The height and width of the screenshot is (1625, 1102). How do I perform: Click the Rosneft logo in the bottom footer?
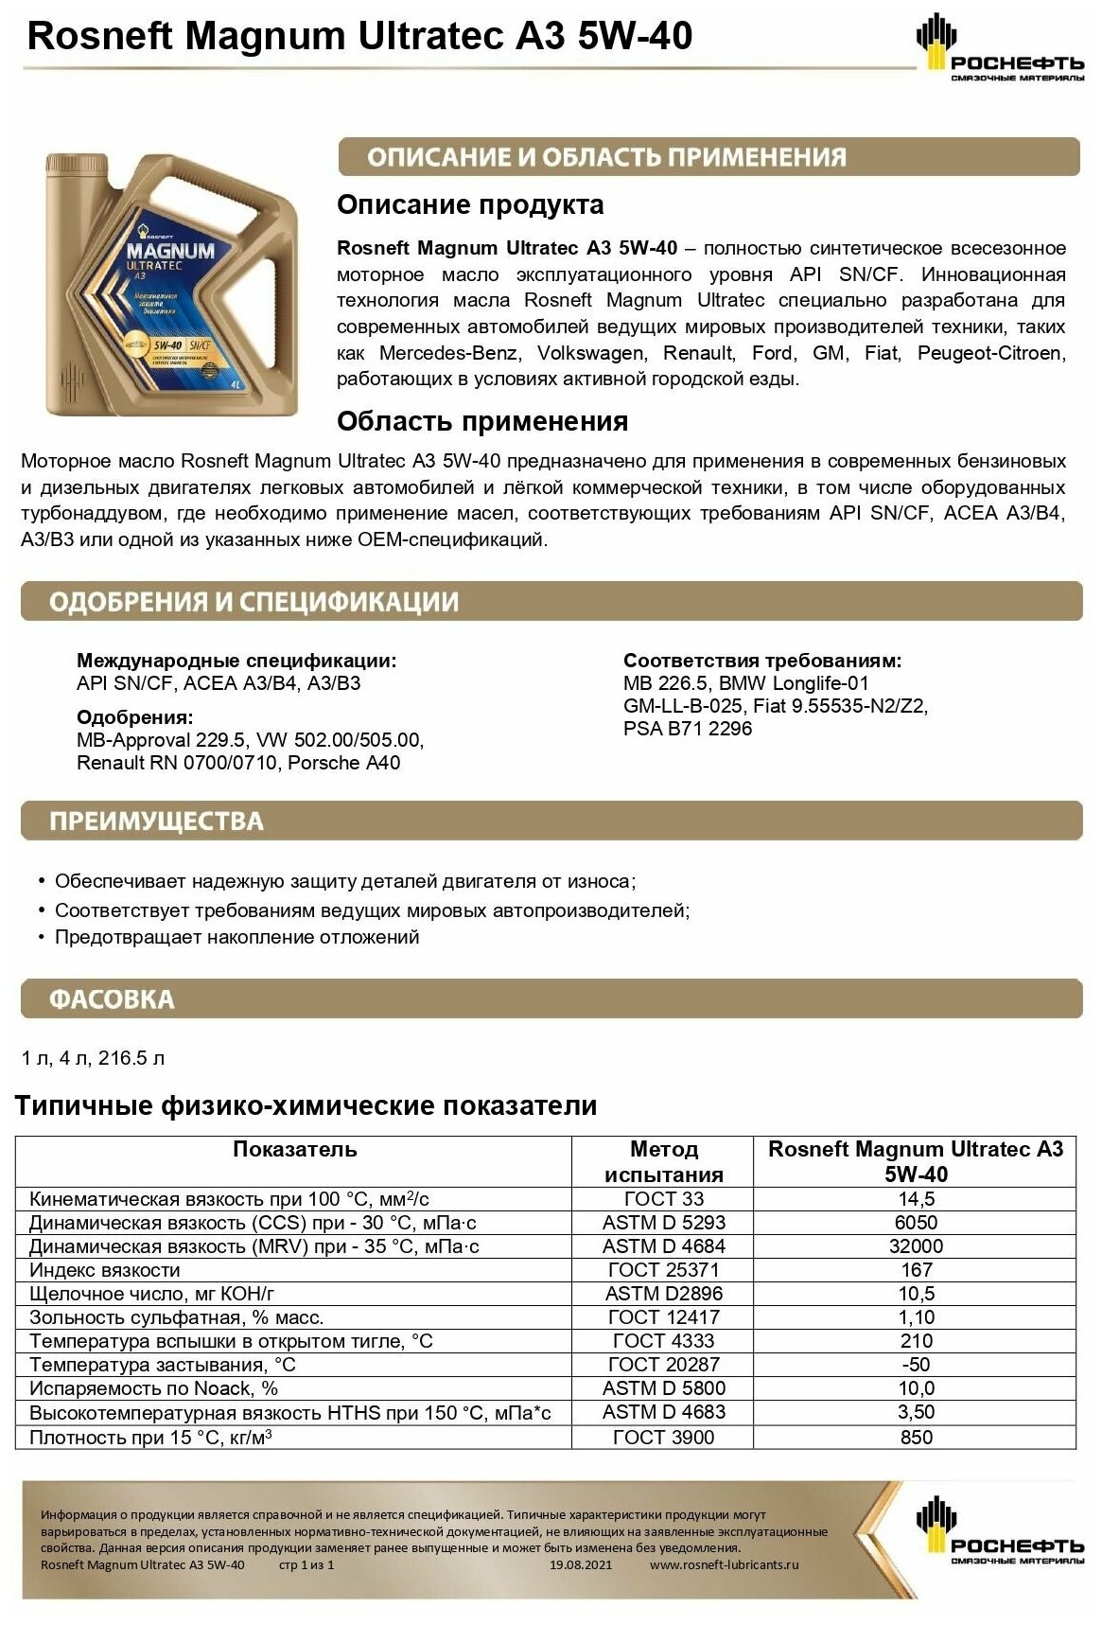[1000, 1531]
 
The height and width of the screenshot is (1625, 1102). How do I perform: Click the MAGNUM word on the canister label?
[171, 252]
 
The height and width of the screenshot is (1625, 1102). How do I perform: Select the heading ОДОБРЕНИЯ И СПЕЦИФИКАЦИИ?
[254, 602]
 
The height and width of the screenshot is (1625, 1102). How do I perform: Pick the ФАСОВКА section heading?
[112, 999]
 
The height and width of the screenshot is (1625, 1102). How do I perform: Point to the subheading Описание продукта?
[470, 204]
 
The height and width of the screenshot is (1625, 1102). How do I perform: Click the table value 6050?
[915, 1222]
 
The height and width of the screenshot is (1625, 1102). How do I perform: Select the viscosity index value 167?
[916, 1269]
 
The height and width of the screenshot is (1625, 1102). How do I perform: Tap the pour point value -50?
[916, 1364]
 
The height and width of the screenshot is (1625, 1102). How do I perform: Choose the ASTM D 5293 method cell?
[663, 1222]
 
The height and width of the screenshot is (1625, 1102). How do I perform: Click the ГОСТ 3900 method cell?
[663, 1437]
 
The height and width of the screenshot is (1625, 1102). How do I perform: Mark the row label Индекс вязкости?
[104, 1269]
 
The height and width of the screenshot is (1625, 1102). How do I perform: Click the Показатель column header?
[294, 1149]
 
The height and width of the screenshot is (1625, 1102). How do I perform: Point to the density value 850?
[916, 1437]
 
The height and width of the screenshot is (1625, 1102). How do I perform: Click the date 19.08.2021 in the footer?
[580, 1564]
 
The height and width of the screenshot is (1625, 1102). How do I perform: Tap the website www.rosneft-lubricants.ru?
[724, 1564]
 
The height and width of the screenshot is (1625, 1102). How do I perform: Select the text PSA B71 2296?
[688, 728]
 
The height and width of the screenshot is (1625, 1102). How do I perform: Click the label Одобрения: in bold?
[134, 716]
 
